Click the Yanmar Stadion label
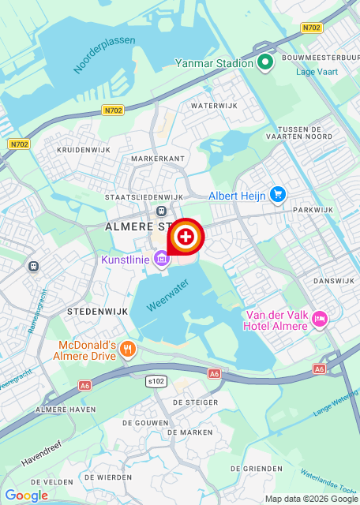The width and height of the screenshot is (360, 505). (x=214, y=63)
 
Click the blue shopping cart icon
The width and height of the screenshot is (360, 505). (x=277, y=194)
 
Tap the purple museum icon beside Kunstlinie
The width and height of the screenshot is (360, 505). (x=162, y=258)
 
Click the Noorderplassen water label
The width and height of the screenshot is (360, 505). (x=104, y=54)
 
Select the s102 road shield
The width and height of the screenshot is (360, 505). (x=157, y=381)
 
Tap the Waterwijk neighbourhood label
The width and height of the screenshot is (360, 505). (x=214, y=105)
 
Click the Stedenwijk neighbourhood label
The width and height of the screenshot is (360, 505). (x=92, y=312)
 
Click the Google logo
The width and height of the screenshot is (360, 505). (x=26, y=496)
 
